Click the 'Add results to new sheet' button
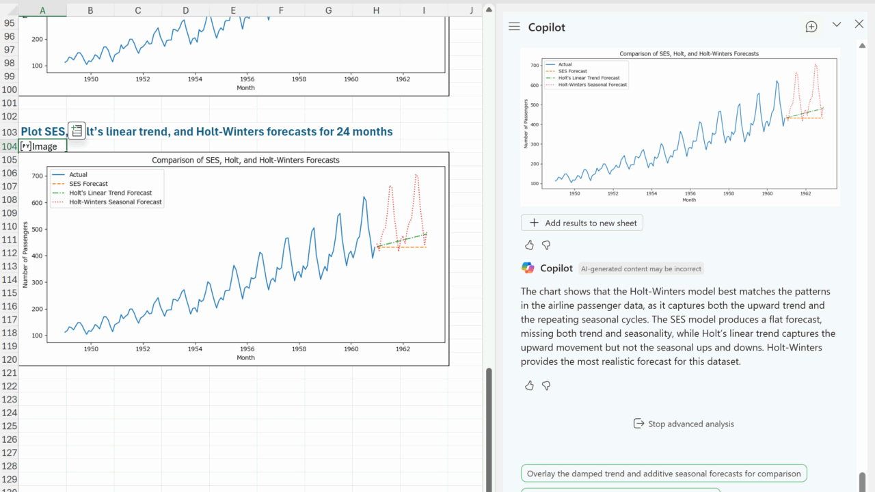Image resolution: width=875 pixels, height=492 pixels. point(582,223)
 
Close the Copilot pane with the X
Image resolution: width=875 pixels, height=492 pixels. point(859,25)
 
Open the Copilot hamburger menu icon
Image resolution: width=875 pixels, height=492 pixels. point(514,27)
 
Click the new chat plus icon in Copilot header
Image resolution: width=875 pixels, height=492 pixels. point(811,27)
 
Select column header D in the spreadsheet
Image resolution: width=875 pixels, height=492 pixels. point(185,10)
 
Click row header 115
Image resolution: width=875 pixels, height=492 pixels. point(9,292)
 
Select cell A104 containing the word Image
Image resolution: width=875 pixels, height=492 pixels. point(42,146)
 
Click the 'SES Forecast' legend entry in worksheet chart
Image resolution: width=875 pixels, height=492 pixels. point(88,184)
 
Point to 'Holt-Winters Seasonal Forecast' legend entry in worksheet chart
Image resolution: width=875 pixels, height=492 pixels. point(115,202)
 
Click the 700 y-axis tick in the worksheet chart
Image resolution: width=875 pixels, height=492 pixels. point(38,176)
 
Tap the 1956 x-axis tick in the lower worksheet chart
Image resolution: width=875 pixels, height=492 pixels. point(247,348)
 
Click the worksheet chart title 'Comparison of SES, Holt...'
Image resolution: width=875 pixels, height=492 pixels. point(245,161)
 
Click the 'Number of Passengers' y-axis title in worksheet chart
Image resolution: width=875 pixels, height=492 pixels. point(25,255)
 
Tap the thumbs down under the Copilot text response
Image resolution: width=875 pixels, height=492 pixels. point(546,385)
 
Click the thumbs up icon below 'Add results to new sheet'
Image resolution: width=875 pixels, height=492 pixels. point(529,245)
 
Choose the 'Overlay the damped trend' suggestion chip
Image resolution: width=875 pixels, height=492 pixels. point(664,474)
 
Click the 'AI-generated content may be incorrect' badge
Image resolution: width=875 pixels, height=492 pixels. point(641,269)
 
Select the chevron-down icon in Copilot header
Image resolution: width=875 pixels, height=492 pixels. point(836,25)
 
